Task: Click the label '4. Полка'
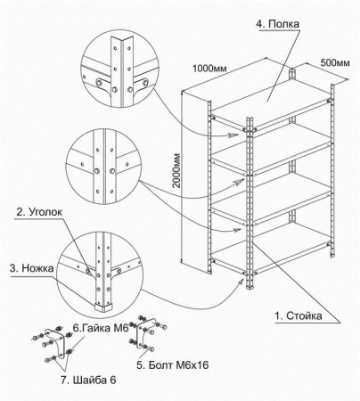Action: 278,24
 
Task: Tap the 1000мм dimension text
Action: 209,69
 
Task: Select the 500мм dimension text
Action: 335,63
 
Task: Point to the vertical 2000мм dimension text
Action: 176,170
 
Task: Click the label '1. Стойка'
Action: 298,315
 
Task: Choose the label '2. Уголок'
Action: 39,212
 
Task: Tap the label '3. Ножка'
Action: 31,268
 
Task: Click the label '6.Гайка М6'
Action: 101,328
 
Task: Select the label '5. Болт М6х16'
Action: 173,364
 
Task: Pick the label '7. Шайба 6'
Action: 88,380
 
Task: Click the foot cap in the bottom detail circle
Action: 104,307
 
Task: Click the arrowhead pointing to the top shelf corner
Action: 234,135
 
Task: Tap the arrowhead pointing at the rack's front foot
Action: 241,282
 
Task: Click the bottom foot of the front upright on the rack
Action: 250,287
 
